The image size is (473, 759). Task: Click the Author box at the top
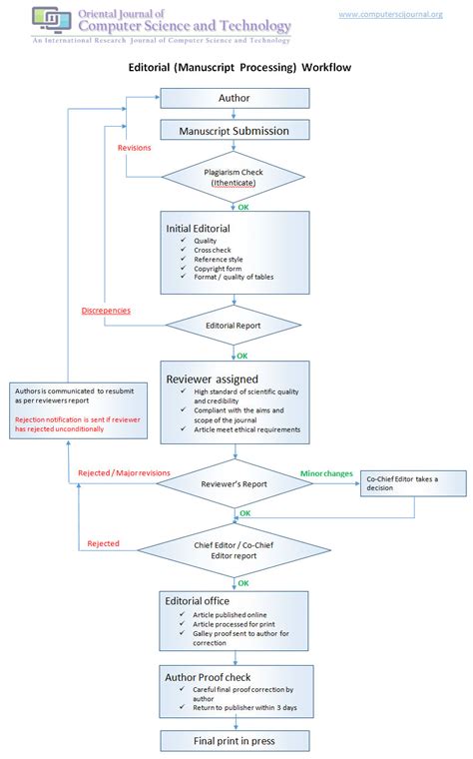(x=234, y=98)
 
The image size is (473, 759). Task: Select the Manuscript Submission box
(x=234, y=131)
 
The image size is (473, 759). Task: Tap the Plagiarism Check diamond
(x=234, y=177)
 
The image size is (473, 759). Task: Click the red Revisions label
(x=135, y=147)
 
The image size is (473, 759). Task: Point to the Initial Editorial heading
(x=198, y=228)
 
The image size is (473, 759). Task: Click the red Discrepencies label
(x=106, y=310)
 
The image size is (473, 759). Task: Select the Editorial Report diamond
(x=234, y=326)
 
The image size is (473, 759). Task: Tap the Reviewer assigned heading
(x=211, y=379)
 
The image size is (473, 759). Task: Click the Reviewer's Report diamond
(x=234, y=483)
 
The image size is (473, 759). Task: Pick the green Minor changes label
(x=326, y=472)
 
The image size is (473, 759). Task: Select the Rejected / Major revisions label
(x=124, y=472)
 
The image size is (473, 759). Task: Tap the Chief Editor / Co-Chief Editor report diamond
(x=234, y=550)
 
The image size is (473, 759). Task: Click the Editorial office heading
(x=200, y=599)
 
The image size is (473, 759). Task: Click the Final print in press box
(x=234, y=740)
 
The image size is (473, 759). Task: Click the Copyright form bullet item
(x=214, y=268)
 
